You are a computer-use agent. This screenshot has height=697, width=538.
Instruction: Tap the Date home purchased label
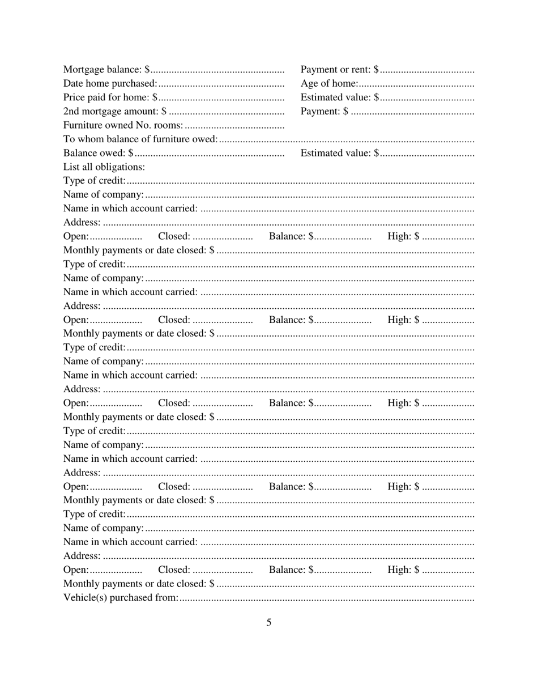click(x=110, y=84)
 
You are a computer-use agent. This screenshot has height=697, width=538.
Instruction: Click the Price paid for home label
click(x=108, y=97)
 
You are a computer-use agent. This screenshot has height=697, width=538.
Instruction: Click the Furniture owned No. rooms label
click(x=123, y=125)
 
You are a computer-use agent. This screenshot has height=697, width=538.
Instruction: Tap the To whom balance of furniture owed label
click(x=140, y=139)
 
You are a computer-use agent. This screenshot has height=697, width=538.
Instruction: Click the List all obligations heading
click(x=104, y=167)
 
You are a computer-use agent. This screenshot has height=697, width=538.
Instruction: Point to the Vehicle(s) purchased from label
click(x=121, y=597)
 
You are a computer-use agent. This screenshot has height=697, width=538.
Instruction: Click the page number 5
click(x=269, y=622)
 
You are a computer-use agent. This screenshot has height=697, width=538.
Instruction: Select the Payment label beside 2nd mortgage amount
click(x=321, y=111)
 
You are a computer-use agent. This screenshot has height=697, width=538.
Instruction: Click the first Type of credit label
click(x=95, y=181)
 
